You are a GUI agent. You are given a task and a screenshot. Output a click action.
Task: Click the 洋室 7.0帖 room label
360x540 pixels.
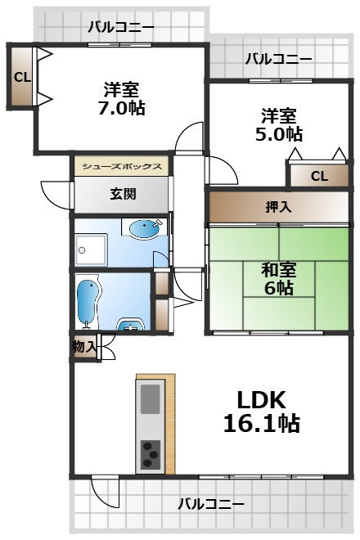[x=121, y=98]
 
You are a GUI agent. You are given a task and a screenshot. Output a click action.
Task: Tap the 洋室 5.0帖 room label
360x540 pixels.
[x=279, y=124]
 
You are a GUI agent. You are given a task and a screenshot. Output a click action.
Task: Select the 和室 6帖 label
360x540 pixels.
[x=279, y=279]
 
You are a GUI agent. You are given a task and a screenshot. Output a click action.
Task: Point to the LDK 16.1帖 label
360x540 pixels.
[x=262, y=412]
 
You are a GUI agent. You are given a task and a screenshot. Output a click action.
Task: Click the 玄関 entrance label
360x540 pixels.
[x=123, y=194]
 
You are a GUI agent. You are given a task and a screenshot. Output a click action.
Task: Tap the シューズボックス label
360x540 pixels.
[x=122, y=167]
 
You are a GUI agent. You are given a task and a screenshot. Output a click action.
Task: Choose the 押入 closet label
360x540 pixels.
[x=279, y=207]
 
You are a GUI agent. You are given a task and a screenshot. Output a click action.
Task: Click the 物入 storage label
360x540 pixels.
[x=84, y=347]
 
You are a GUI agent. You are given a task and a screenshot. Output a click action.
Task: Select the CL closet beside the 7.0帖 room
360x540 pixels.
[x=22, y=77]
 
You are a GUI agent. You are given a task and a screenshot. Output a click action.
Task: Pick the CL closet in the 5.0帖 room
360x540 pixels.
[x=319, y=176]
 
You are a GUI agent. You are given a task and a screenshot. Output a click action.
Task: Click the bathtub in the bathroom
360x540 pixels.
[x=88, y=302]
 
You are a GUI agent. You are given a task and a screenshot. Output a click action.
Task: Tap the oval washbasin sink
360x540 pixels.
[x=144, y=228]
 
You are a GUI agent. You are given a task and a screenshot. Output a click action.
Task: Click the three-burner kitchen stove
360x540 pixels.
[x=151, y=455]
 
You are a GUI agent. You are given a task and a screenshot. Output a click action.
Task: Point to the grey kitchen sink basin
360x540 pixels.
[x=151, y=398]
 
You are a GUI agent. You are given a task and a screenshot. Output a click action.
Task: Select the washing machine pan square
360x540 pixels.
[x=90, y=250]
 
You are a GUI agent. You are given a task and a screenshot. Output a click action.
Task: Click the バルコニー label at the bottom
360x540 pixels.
[x=211, y=504]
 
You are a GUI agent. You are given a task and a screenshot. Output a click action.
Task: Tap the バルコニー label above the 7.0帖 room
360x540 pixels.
[x=121, y=27]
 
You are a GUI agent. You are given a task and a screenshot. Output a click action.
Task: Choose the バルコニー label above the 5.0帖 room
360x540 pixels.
[x=279, y=59]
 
